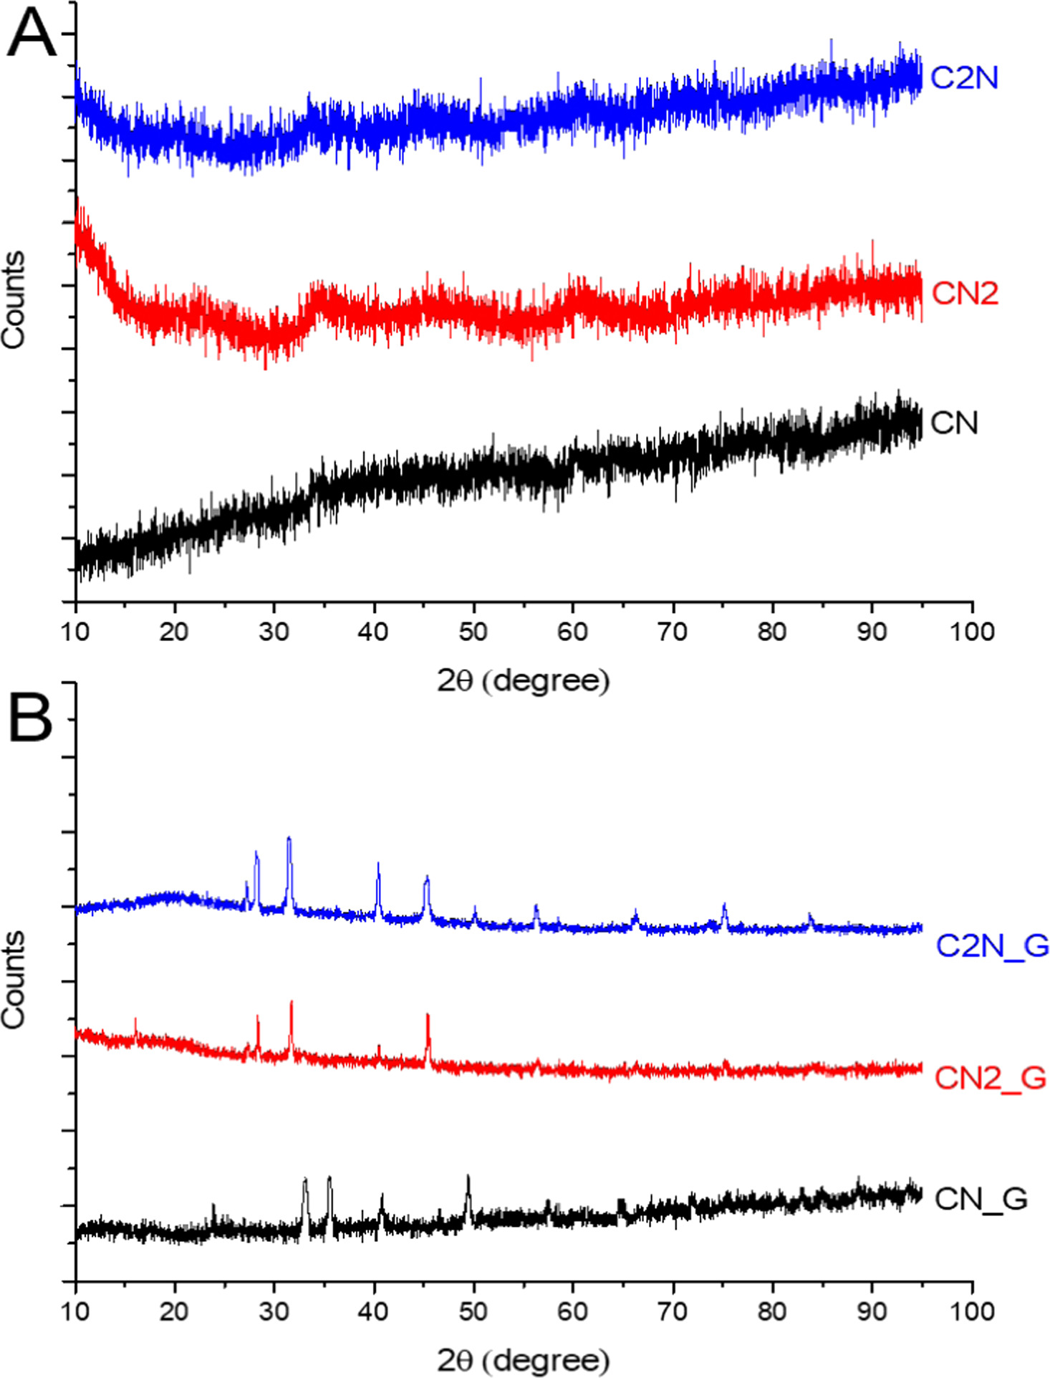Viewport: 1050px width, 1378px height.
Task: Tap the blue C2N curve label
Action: [x=964, y=77]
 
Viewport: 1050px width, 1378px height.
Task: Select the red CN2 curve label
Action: [x=965, y=293]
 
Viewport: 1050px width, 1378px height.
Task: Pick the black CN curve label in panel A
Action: [x=954, y=423]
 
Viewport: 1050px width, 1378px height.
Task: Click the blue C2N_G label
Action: [x=992, y=945]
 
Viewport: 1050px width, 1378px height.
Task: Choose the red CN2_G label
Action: [x=991, y=1077]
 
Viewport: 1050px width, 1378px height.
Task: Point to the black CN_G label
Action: [x=981, y=1198]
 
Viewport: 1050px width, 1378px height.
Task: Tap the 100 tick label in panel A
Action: [x=972, y=632]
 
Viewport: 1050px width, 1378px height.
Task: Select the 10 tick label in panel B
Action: [x=75, y=1311]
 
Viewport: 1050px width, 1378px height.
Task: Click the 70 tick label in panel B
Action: [x=673, y=1311]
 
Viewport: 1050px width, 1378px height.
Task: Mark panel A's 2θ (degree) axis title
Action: [x=524, y=680]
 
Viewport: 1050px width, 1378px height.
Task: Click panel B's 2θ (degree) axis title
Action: [x=524, y=1360]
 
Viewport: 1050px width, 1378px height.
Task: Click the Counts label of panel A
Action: [x=14, y=300]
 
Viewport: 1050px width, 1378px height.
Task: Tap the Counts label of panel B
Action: [x=14, y=980]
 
